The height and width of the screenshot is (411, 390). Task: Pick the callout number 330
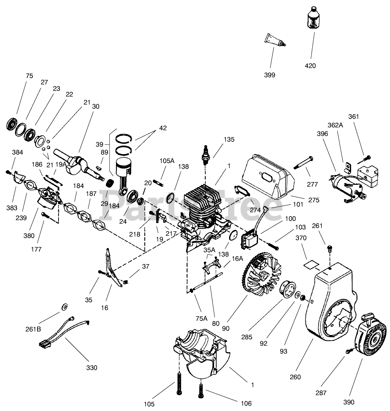pos(92,367)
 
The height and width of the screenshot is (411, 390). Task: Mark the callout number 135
pos(229,139)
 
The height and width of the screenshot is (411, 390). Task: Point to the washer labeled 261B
pos(65,306)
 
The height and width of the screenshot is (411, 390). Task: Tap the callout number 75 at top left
pos(29,76)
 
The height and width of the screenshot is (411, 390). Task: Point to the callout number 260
pos(295,377)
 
